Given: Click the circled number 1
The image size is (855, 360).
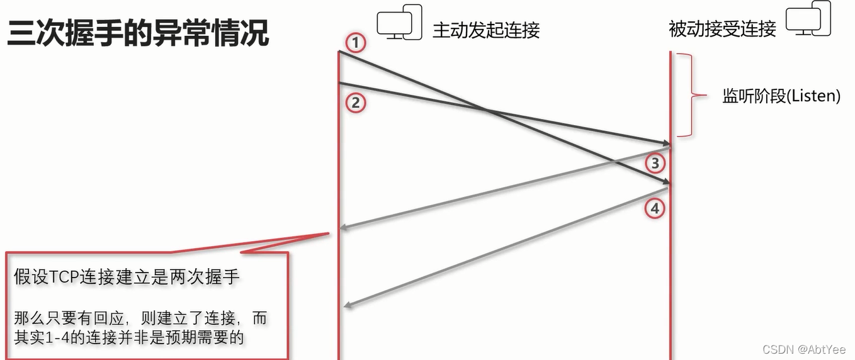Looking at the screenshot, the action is coord(356,43).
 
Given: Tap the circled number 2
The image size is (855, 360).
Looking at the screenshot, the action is coord(356,103).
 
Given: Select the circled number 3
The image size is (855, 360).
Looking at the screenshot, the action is coord(655,164).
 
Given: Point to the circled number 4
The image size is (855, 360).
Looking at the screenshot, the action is coord(655,208).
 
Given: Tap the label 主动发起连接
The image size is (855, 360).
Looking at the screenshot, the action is coord(486,30).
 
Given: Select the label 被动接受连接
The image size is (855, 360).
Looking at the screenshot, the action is coord(722,28).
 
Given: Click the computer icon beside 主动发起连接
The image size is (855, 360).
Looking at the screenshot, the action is coord(399,23).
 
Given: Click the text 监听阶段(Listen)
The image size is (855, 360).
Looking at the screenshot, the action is coord(781,96).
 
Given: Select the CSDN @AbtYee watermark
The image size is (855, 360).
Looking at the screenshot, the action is coord(804,349).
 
